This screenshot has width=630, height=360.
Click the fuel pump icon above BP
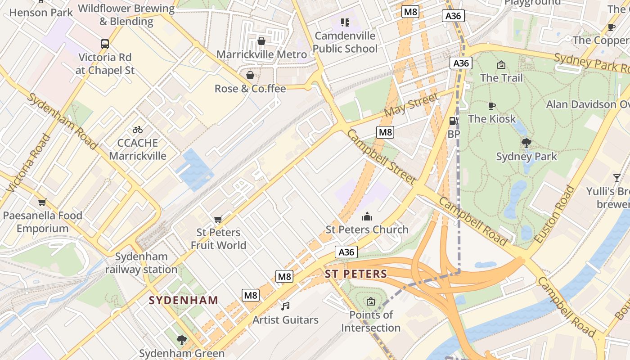click(x=454, y=121)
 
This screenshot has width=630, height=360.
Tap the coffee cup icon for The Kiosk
click(x=492, y=106)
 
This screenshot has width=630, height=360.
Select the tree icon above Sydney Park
click(x=526, y=144)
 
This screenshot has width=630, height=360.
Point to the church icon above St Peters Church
click(x=367, y=216)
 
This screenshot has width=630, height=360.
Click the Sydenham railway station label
click(x=141, y=263)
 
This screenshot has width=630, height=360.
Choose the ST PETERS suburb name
click(x=356, y=274)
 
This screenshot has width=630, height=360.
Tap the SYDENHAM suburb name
click(x=184, y=300)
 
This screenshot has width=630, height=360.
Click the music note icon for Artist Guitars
click(x=285, y=306)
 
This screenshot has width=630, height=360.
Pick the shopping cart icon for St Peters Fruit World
click(x=218, y=219)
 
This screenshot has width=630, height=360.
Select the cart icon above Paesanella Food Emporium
click(x=42, y=202)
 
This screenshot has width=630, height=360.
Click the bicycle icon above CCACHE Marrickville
click(x=138, y=130)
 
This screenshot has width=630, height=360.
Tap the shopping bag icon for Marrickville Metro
click(x=261, y=41)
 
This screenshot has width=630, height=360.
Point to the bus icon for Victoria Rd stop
click(x=105, y=44)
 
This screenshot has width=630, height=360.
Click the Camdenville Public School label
click(x=345, y=42)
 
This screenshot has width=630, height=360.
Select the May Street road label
click(x=410, y=105)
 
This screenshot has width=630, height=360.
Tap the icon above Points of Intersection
click(x=370, y=301)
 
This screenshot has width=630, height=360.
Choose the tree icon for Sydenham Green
click(x=182, y=340)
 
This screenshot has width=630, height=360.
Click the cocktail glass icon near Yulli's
click(x=616, y=178)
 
